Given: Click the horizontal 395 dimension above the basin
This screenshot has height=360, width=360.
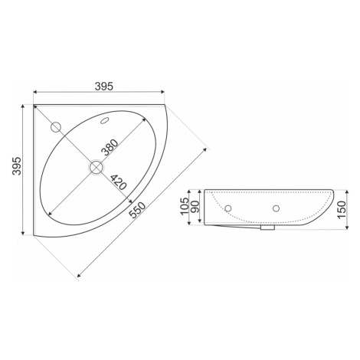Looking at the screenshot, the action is click(x=104, y=87).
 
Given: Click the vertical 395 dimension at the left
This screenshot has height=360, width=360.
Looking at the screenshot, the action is click(x=17, y=165).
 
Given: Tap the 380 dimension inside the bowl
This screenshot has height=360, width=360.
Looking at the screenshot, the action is click(x=110, y=148).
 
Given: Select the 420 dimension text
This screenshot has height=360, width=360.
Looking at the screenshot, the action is click(x=118, y=182).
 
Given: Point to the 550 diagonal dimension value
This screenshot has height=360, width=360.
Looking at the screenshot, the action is click(x=137, y=210).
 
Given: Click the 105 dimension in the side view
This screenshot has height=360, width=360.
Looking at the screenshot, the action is click(x=184, y=207).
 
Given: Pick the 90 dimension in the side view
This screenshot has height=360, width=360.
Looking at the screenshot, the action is click(x=195, y=208).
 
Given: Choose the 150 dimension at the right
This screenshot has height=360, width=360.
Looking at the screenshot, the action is click(x=342, y=210).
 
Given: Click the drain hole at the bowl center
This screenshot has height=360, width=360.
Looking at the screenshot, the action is click(x=97, y=167).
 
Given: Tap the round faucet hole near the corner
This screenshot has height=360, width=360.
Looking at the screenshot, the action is click(x=56, y=127).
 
